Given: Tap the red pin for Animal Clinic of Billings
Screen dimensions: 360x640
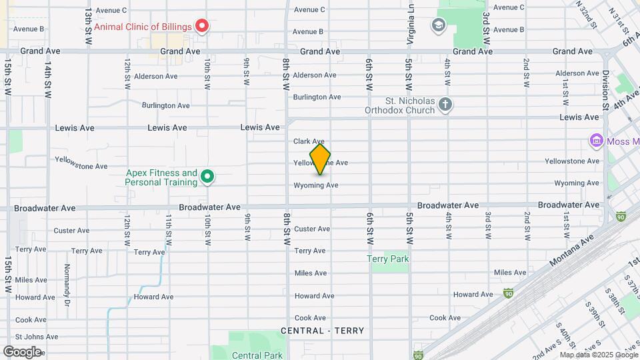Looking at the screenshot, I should click(x=201, y=27).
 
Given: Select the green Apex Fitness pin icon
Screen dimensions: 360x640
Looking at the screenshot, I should click(x=207, y=177).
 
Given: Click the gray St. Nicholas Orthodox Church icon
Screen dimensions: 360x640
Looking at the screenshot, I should click(x=445, y=104).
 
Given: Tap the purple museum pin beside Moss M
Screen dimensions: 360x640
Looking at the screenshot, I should click(x=596, y=141).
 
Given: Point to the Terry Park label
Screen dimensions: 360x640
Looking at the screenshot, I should click(x=387, y=259).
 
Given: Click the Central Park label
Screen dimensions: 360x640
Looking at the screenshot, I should click(x=257, y=355).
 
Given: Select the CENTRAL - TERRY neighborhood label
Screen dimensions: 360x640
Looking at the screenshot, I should click(x=323, y=331).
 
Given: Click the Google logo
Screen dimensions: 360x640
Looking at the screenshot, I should click(x=22, y=351).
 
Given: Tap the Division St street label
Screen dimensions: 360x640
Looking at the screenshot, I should click(x=605, y=90).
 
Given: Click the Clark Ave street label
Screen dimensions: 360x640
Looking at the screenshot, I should click(x=309, y=141).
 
